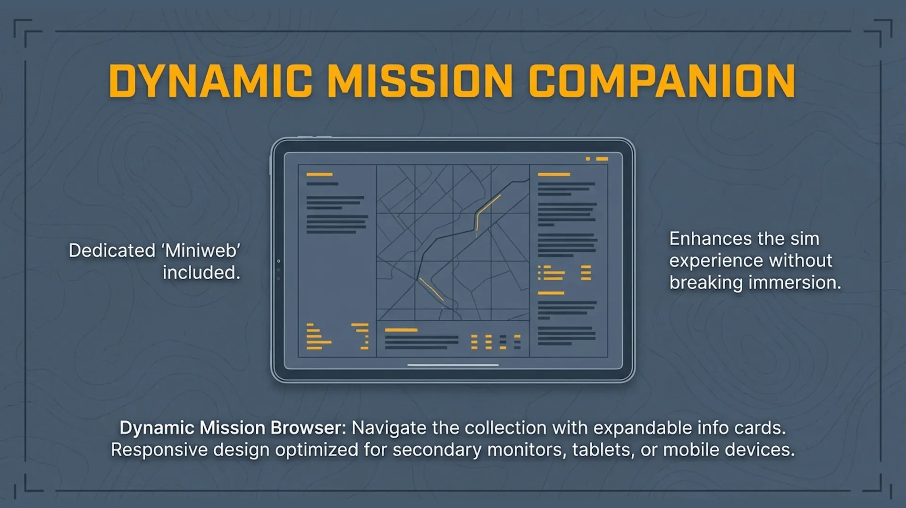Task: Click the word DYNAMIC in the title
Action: pyautogui.click(x=210, y=81)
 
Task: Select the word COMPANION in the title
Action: pyautogui.click(x=662, y=81)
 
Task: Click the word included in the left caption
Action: pyautogui.click(x=201, y=273)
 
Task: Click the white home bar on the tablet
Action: pyautogui.click(x=453, y=365)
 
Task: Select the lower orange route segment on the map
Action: pyautogui.click(x=431, y=289)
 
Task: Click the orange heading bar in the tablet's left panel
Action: pyautogui.click(x=319, y=175)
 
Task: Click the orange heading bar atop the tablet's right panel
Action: pyautogui.click(x=554, y=175)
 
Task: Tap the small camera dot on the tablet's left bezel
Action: pyautogui.click(x=278, y=261)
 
